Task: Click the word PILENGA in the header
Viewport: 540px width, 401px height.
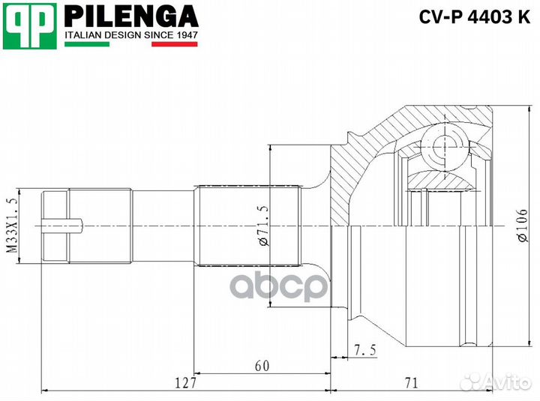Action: click(131, 16)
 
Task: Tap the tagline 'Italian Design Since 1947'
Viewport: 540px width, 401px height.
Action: click(130, 34)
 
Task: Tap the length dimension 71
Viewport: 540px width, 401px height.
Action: click(410, 383)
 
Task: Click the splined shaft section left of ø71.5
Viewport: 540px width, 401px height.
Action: click(247, 225)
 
